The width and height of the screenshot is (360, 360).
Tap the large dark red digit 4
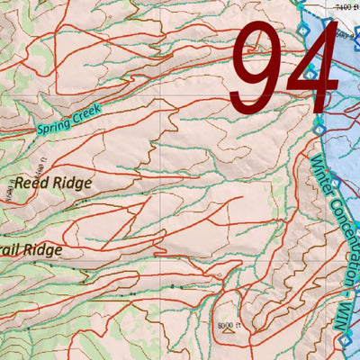(x=310, y=67)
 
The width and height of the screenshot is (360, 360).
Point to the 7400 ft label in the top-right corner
(x=346, y=6)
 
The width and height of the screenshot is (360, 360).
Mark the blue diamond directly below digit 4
(x=319, y=120)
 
